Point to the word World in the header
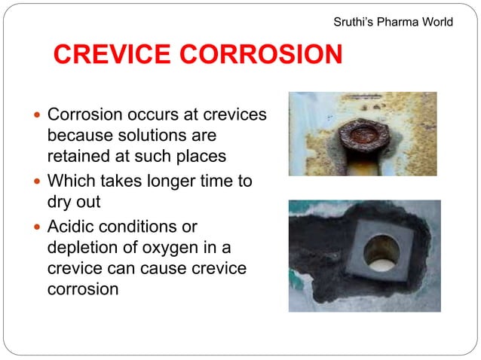point(437,22)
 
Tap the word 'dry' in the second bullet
point(60,202)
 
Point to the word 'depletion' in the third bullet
point(79,247)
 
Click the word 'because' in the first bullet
point(80,136)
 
